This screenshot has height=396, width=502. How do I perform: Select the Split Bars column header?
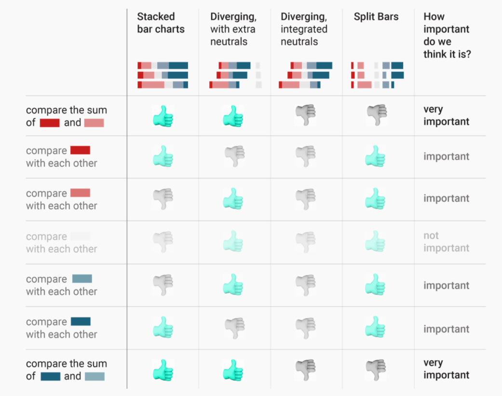(x=376, y=17)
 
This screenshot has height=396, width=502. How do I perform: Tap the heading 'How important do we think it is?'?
(x=447, y=35)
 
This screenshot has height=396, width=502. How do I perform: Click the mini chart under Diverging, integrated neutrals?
(x=306, y=75)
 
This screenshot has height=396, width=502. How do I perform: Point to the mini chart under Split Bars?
(x=377, y=75)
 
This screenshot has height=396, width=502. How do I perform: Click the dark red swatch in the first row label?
(x=50, y=123)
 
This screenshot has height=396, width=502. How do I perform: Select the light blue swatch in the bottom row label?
(x=95, y=376)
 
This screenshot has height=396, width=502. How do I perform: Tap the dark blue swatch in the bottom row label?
(x=50, y=376)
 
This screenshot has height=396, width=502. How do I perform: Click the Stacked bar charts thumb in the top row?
(x=163, y=116)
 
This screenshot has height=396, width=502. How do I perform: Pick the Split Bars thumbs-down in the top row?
(x=377, y=115)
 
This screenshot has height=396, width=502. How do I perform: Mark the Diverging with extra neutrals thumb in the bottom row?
(x=233, y=370)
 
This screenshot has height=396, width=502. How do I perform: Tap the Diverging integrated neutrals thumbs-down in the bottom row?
(x=306, y=370)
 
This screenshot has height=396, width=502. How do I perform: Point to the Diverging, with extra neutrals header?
(x=233, y=29)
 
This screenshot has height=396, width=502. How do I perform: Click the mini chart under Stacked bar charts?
(x=163, y=75)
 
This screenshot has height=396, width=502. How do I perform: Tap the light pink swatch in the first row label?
(x=94, y=123)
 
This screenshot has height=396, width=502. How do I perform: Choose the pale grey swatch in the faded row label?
(x=80, y=236)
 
